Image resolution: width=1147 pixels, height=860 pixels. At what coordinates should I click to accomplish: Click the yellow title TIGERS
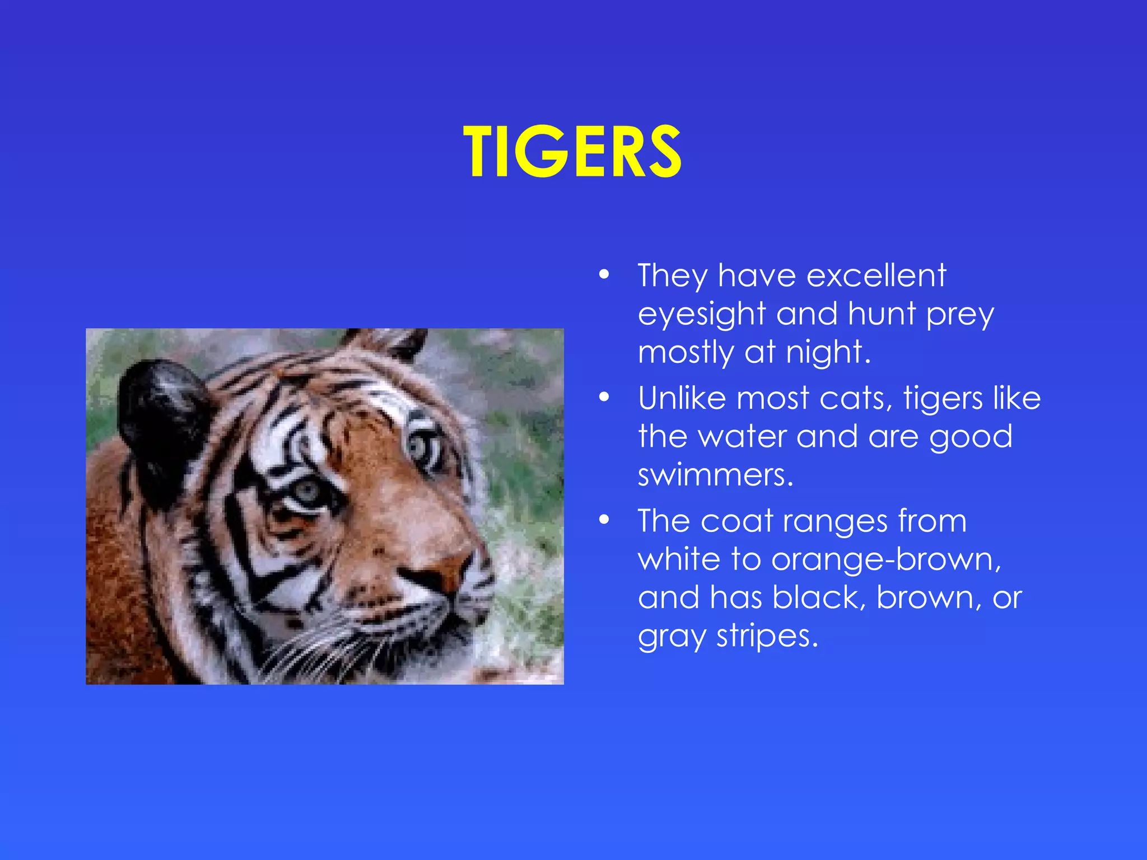click(x=572, y=152)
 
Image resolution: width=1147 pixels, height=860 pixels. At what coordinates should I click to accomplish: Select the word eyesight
click(x=702, y=315)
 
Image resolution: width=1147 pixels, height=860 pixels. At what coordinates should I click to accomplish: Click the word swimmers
click(x=715, y=475)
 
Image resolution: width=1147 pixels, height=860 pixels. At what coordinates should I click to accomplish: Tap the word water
click(x=743, y=437)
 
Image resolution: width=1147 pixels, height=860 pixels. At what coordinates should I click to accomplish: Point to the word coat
click(x=736, y=521)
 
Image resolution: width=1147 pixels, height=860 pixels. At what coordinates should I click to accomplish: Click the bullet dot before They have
click(x=603, y=275)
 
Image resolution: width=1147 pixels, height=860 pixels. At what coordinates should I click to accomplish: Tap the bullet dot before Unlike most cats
click(x=603, y=398)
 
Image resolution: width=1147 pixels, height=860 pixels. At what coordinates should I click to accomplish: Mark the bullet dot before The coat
click(x=603, y=520)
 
